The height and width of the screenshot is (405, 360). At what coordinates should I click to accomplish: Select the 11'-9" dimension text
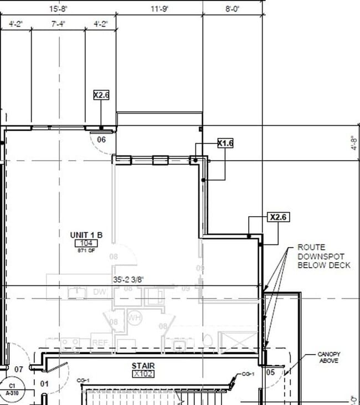click(160, 9)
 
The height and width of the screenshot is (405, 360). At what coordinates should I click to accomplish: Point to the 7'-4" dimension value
click(59, 24)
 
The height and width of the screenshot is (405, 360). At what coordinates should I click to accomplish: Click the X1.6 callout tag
click(225, 143)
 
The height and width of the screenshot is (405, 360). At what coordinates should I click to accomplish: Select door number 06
click(101, 140)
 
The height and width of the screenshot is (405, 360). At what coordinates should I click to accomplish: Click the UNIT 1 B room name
click(86, 234)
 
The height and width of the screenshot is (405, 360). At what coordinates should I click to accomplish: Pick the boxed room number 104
click(86, 243)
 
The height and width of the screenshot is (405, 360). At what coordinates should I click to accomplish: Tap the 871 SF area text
click(86, 250)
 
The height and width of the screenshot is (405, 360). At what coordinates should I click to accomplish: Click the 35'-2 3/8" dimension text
click(131, 280)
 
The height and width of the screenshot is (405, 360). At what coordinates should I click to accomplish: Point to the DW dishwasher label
click(99, 292)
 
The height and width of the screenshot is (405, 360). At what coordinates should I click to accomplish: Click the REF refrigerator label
click(100, 343)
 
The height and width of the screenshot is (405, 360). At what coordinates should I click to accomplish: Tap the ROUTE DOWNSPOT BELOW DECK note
click(324, 256)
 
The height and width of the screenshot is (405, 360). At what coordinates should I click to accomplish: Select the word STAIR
click(143, 366)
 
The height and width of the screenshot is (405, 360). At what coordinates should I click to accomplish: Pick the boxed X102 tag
click(143, 374)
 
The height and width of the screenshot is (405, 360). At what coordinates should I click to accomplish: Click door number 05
click(270, 372)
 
